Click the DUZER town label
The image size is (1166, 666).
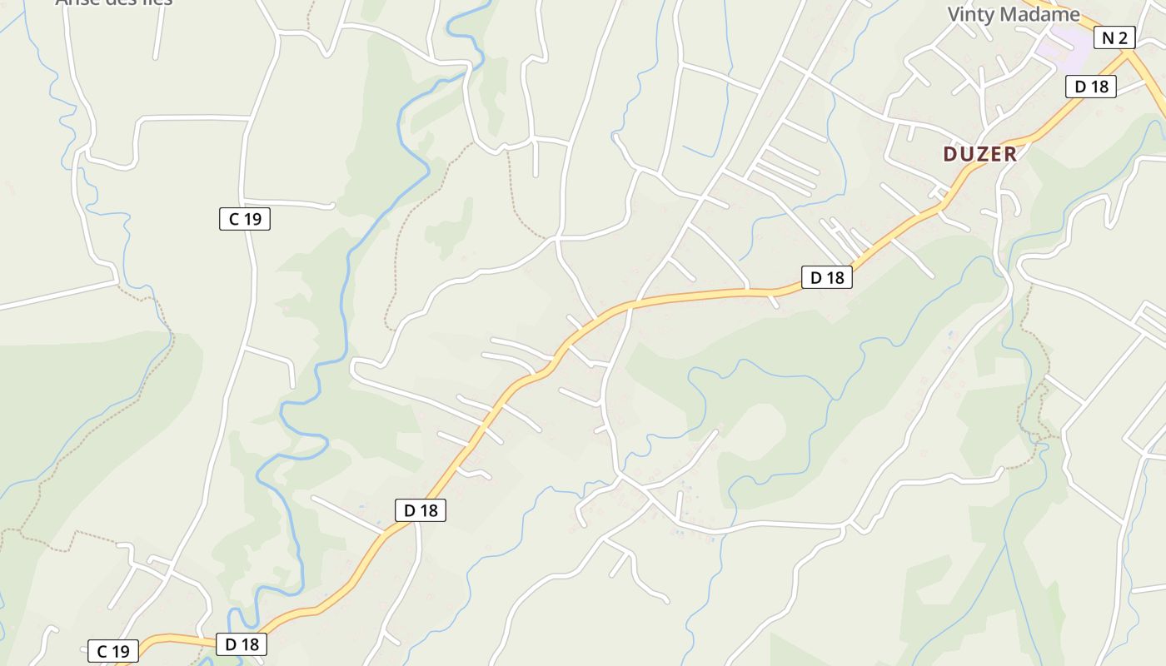coord(980,154)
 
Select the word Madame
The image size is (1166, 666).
coord(1039,14)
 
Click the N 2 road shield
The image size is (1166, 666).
coord(1114,37)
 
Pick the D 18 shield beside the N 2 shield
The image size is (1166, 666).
coord(1090,86)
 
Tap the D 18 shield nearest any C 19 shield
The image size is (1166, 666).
coord(242,644)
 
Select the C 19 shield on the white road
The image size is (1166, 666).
coord(245,219)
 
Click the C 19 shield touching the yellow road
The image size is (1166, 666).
coord(113,651)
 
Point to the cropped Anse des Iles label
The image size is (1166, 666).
coord(114,2)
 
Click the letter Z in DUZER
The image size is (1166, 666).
coord(980,154)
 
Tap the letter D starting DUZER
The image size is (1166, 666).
coord(950,154)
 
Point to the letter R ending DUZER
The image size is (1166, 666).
coord(1010,154)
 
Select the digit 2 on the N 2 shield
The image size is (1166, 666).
coord(1122,37)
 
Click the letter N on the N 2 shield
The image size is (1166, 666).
coord(1108,37)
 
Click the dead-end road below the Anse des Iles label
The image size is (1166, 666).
coord(156,42)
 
